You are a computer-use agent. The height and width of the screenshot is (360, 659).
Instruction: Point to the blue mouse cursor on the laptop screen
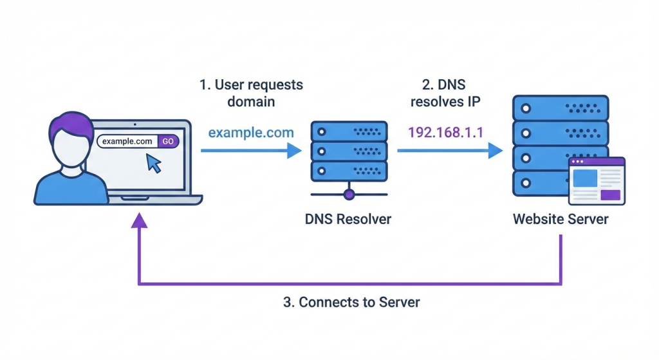coord(154,163)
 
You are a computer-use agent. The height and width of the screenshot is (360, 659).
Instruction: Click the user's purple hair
coord(68,126)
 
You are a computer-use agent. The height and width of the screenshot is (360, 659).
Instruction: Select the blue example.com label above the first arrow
coord(250,133)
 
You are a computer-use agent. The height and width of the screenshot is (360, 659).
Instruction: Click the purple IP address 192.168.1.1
coord(445,133)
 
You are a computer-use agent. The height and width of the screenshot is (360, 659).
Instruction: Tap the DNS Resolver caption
coord(348,219)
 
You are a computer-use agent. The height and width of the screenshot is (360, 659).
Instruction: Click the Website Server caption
coord(560,219)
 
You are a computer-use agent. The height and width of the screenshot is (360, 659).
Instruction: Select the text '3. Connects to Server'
coord(351,302)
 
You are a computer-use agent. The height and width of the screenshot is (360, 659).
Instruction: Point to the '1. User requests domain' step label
coord(250,93)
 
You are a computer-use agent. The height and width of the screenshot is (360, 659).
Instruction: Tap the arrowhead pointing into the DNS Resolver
coord(295,151)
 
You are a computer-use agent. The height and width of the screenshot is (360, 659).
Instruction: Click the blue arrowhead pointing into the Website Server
coord(496,151)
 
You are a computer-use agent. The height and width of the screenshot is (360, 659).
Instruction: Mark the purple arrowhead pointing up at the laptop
coord(139,220)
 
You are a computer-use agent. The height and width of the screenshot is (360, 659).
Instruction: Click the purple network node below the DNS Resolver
coord(349,193)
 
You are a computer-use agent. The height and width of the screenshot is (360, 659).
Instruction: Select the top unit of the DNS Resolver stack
coord(349,131)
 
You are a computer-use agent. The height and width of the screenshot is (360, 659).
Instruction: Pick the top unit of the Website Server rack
coord(560,107)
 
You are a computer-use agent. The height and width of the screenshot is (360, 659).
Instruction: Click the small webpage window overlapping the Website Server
coord(596,181)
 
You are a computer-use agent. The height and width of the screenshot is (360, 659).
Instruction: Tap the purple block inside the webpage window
coord(610,194)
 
